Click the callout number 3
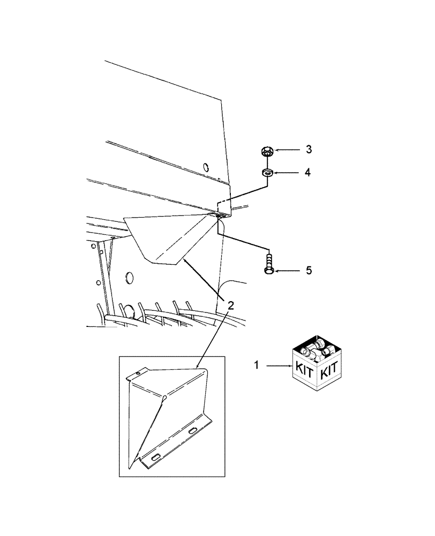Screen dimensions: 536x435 click(309, 150)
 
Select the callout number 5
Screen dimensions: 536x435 click(309, 271)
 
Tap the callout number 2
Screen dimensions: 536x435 click(231, 306)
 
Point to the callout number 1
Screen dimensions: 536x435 click(257, 366)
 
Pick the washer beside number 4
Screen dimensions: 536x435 click(267, 173)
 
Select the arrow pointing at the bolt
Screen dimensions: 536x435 click(288, 271)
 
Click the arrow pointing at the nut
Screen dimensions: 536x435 click(288, 150)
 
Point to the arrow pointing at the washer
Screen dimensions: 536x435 click(288, 173)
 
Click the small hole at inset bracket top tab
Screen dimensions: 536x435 click(138, 374)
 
